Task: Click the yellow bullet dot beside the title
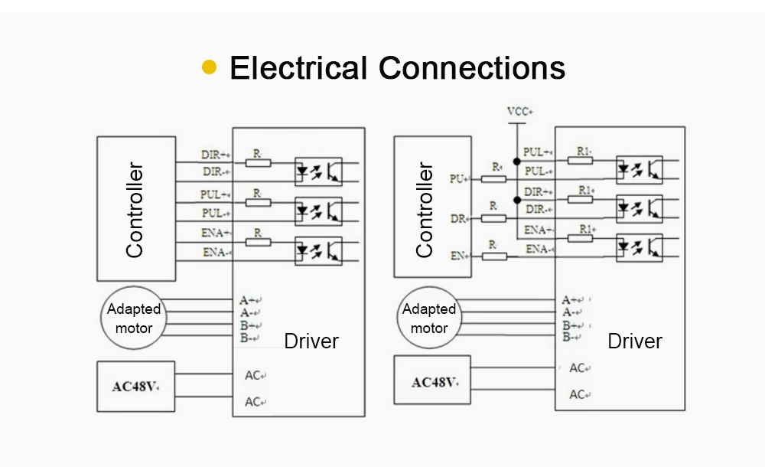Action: tap(210, 67)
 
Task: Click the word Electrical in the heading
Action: tap(298, 67)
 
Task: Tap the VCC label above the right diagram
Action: tap(520, 111)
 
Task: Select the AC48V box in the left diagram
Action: tap(135, 387)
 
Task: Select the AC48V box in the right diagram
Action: tap(432, 380)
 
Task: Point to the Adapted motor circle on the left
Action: tap(134, 318)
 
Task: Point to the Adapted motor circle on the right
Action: tap(429, 318)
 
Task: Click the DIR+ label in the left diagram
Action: tap(216, 155)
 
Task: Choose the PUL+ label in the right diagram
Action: tap(538, 152)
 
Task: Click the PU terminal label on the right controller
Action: tap(458, 179)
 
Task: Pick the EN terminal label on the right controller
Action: tap(458, 256)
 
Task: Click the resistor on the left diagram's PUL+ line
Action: tap(258, 202)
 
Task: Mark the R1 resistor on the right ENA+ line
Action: tap(580, 238)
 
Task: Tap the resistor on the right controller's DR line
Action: tap(493, 218)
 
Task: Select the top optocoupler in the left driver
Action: tap(318, 171)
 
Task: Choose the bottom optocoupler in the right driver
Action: tap(640, 248)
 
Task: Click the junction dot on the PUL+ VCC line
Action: tap(516, 162)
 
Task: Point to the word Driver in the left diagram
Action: tap(311, 341)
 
